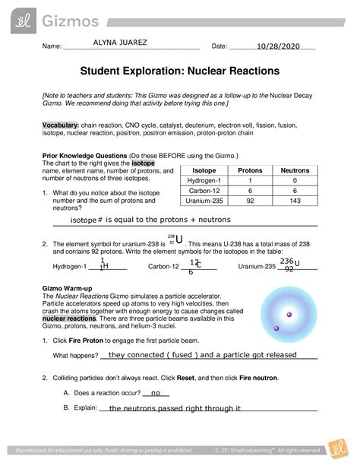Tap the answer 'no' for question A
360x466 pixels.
(x=157, y=393)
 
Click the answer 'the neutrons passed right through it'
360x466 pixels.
(x=175, y=408)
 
